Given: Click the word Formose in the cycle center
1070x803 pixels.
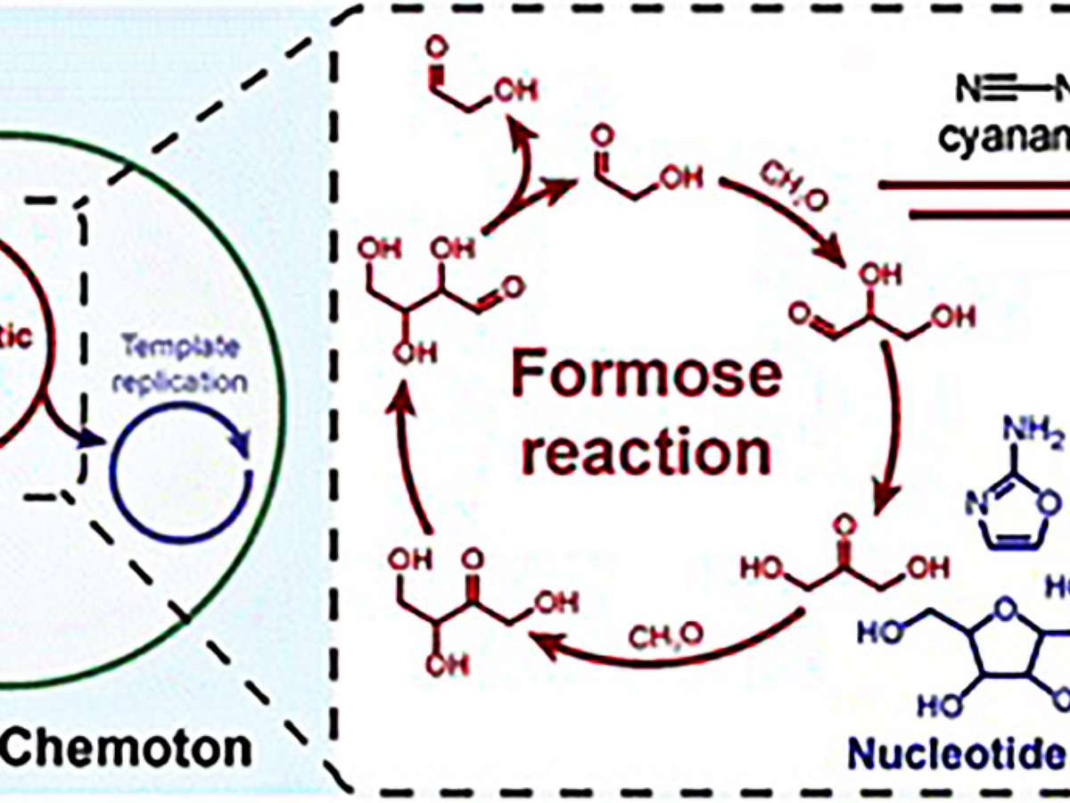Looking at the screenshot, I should click(x=646, y=374).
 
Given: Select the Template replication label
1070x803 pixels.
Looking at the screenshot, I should click(x=183, y=365).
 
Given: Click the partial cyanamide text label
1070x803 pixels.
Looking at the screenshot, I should click(x=1008, y=138).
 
